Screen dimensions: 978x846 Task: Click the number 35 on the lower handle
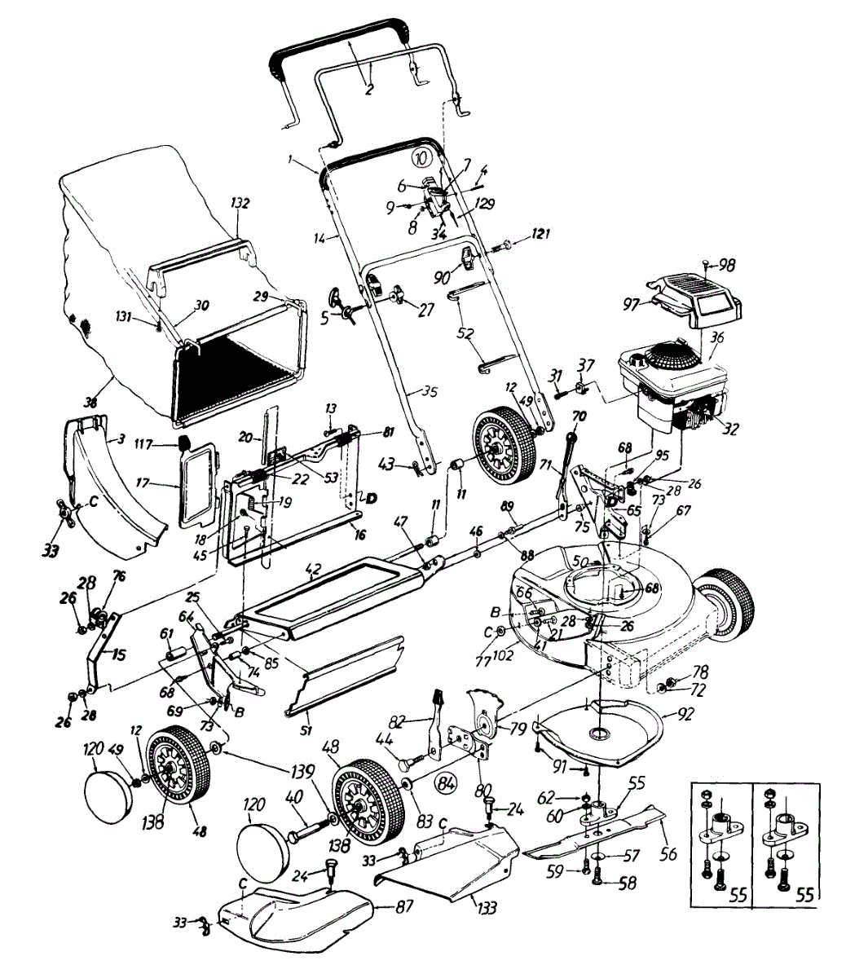pos(430,392)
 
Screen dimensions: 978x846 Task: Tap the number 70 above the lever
pos(578,415)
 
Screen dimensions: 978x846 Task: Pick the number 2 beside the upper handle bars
pos(368,90)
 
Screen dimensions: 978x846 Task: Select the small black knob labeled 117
pos(186,443)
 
